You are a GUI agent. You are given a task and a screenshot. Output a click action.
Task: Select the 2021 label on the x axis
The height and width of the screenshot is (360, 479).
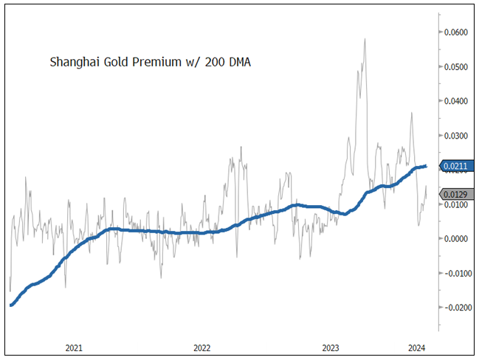pyautogui.click(x=74, y=347)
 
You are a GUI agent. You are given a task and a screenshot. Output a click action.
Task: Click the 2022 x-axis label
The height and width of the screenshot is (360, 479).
pyautogui.click(x=202, y=347)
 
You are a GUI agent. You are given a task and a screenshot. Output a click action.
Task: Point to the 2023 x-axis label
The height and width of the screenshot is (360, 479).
pyautogui.click(x=331, y=347)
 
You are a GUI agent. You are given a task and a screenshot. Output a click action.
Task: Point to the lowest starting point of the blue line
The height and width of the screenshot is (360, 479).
pyautogui.click(x=11, y=305)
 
